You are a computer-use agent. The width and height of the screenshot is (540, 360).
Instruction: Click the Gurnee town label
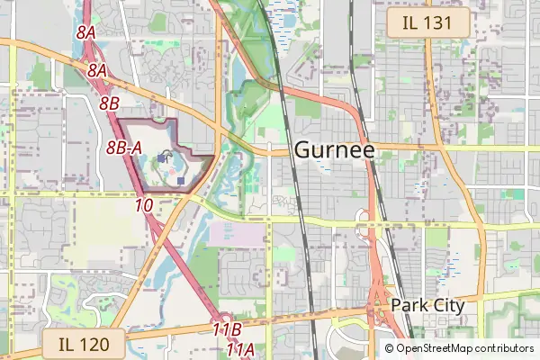pos(334,150)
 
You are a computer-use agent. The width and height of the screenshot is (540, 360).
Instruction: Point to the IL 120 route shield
pos(82,343)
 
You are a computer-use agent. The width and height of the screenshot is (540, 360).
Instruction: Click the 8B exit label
pos(109,103)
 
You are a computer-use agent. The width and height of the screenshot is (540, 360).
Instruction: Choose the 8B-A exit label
pos(124,148)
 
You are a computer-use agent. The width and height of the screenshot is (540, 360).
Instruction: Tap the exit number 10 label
pos(143,205)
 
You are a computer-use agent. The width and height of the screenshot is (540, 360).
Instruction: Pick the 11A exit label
pos(239,348)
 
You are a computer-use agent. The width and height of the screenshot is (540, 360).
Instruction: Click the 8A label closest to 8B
pos(98,69)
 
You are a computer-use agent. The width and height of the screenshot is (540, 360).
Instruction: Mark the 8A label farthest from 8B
pos(86,32)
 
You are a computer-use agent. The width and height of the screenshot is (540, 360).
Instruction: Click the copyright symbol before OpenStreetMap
pos(390,348)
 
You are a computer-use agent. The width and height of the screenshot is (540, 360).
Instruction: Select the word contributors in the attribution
pos(504,348)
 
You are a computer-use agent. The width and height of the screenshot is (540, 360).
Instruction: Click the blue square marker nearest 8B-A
pos(162,158)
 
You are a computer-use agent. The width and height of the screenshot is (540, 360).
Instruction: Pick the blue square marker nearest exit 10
pos(181,181)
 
